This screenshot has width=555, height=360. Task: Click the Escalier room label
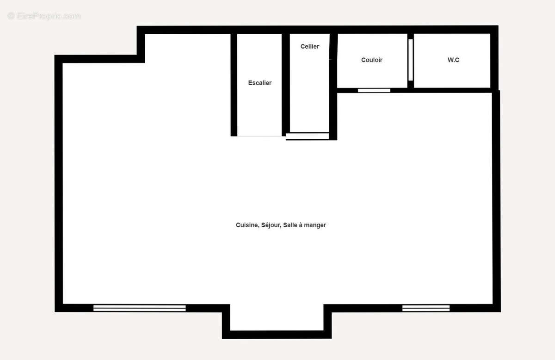click(259, 83)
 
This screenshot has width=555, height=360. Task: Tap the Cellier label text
click(309, 46)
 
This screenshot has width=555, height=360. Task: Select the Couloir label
click(371, 60)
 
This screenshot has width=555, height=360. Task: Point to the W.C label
click(453, 60)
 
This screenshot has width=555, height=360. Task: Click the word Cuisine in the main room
click(247, 225)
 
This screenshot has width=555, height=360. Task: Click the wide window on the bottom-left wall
click(139, 308)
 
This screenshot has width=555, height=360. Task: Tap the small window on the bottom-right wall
click(425, 308)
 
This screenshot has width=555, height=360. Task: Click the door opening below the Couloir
click(374, 90)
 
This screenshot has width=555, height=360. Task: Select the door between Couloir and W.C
click(410, 60)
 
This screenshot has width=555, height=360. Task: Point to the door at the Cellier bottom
click(307, 136)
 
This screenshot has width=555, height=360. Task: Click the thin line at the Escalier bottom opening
click(259, 136)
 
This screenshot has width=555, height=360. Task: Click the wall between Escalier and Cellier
click(286, 83)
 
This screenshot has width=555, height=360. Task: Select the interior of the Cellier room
click(309, 93)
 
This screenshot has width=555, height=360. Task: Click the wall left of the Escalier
click(234, 83)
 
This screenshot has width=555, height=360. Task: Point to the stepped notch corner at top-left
click(141, 58)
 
